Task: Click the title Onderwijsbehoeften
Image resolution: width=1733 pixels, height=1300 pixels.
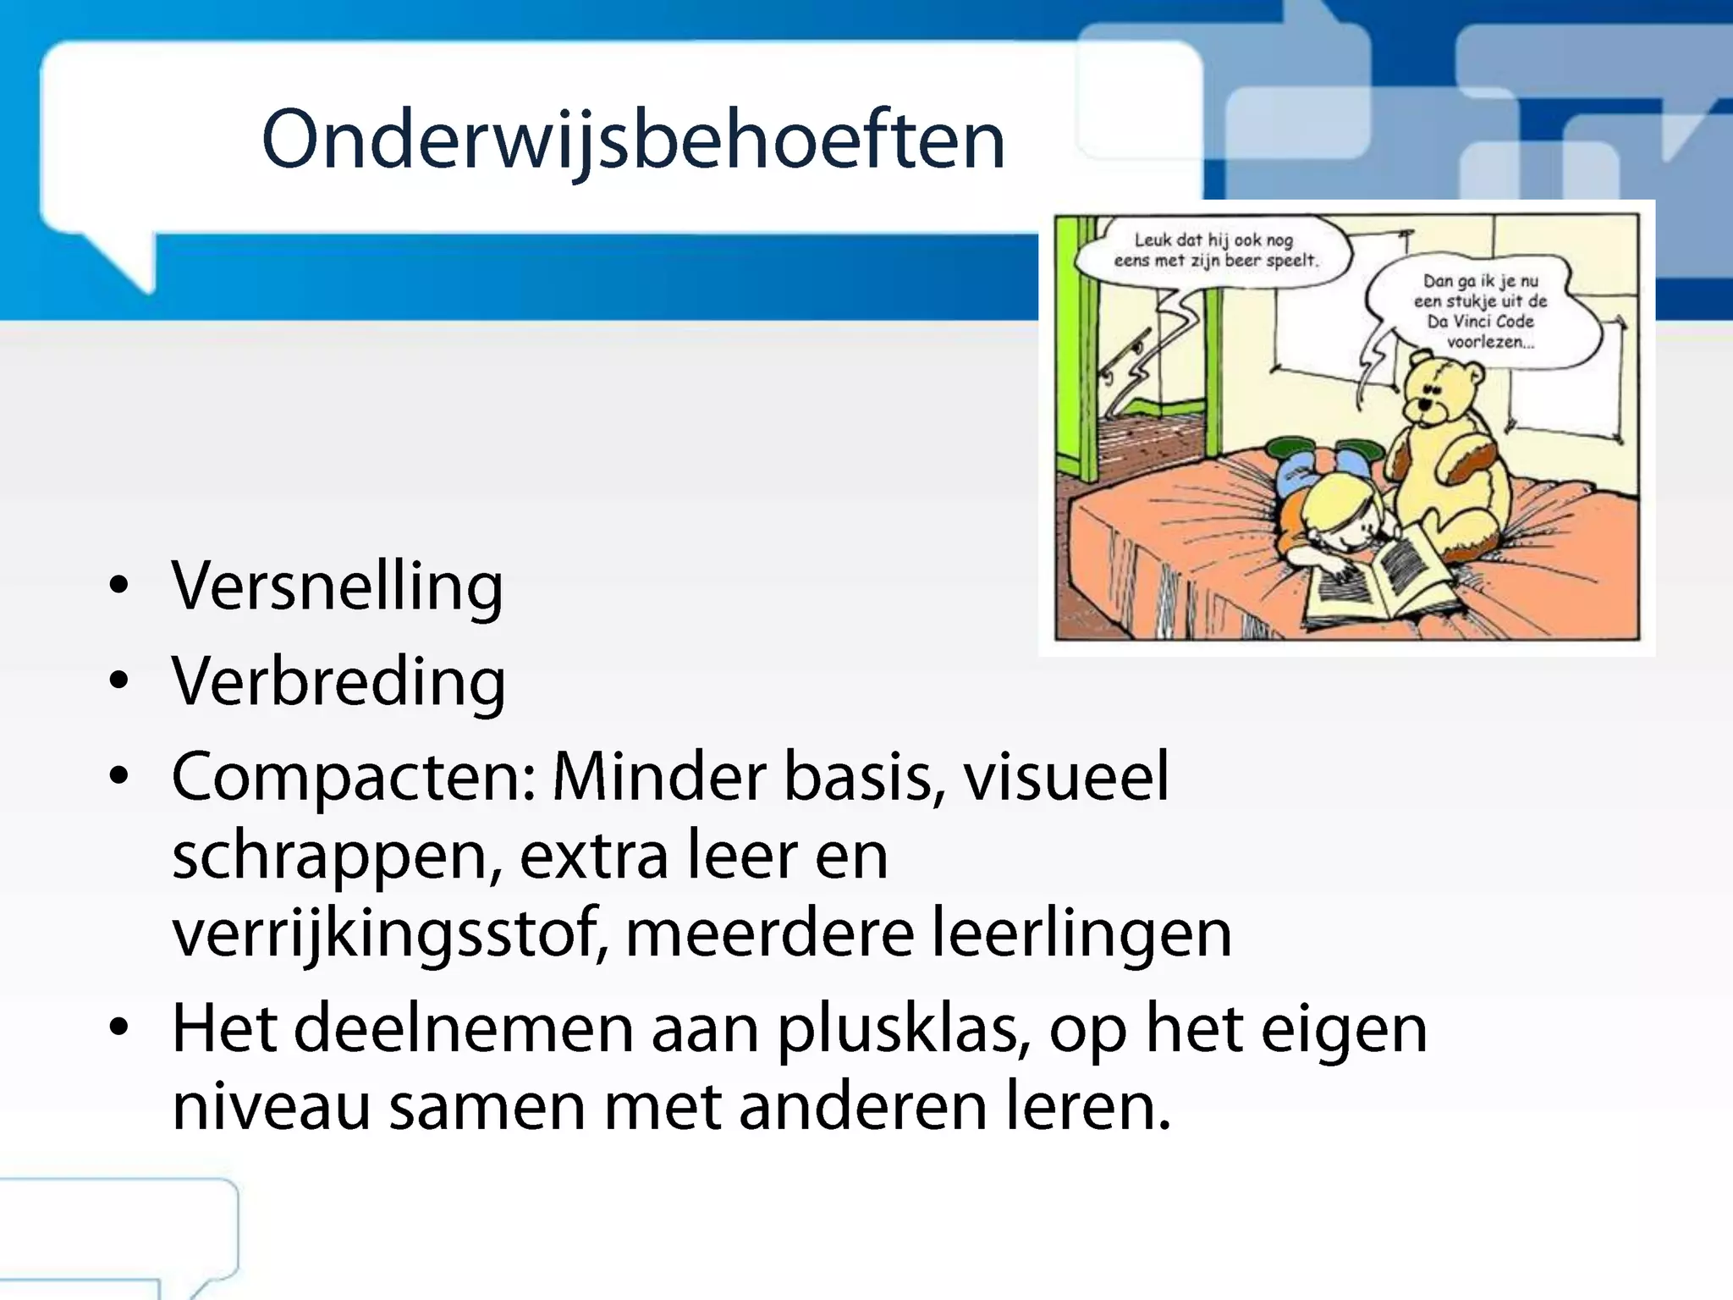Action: pyautogui.click(x=633, y=140)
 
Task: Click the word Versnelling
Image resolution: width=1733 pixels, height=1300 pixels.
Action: pyautogui.click(x=337, y=586)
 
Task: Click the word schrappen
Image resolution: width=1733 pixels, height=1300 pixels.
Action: pyautogui.click(x=330, y=857)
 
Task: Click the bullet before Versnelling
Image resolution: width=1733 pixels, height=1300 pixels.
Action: pyautogui.click(x=119, y=586)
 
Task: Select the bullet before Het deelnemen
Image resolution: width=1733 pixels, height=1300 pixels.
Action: pyautogui.click(x=119, y=1027)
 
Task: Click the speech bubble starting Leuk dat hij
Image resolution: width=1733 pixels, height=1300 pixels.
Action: pyautogui.click(x=1214, y=251)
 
